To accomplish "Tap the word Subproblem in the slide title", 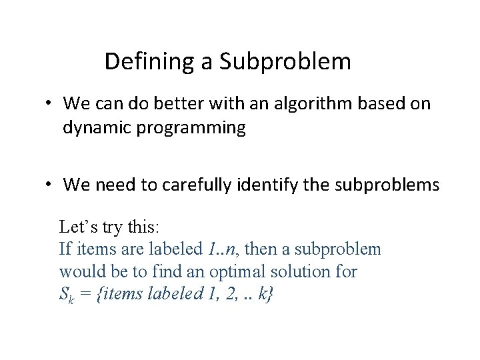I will [283, 62].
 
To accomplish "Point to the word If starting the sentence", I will [65, 250].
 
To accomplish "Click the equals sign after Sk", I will [85, 295].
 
